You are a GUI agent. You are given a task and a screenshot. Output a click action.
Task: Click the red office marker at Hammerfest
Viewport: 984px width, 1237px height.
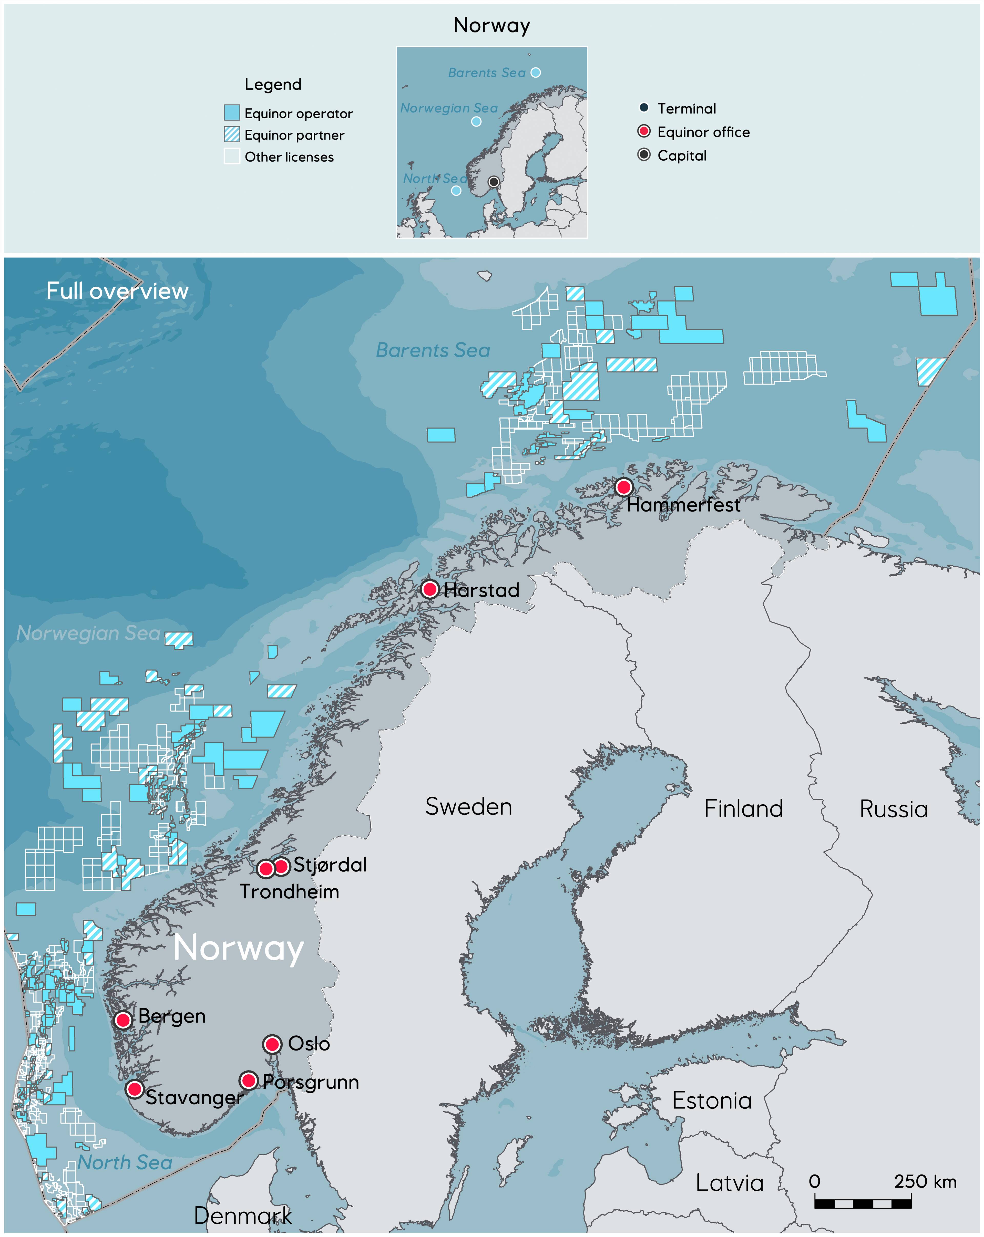click(623, 487)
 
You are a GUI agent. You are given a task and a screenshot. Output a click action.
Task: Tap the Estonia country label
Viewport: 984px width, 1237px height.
click(712, 1100)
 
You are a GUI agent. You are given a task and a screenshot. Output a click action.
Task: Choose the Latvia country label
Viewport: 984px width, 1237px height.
click(730, 1183)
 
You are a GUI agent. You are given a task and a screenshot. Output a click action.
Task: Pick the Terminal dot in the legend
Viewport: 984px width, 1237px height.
click(644, 107)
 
